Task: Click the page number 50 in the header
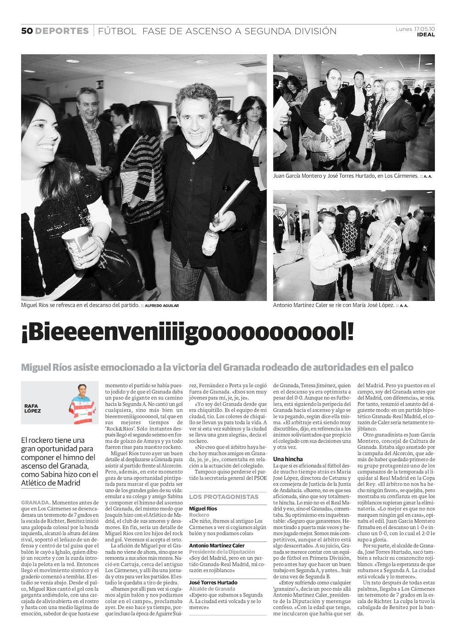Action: tap(27, 31)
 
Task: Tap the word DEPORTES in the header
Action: tap(62, 31)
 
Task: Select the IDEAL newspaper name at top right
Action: tap(426, 35)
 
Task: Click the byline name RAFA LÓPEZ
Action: tap(33, 408)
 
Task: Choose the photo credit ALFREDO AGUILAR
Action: tap(162, 305)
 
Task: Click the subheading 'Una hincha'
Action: tap(288, 459)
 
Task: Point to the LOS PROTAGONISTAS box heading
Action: tap(224, 496)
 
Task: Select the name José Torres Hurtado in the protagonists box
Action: tap(213, 582)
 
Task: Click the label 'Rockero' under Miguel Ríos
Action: tap(199, 515)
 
